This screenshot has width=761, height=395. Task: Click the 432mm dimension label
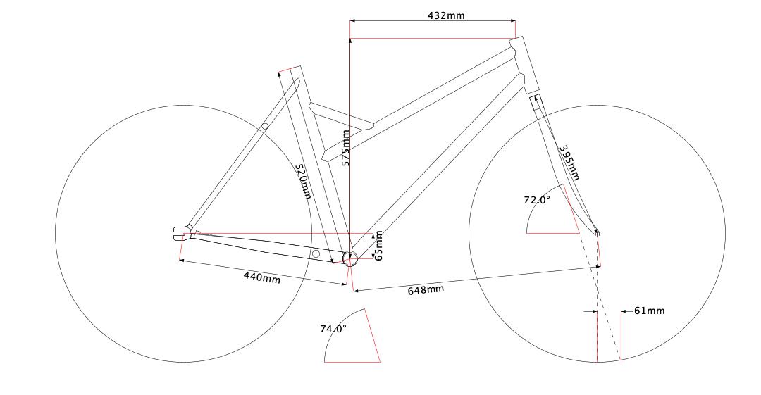pos(446,15)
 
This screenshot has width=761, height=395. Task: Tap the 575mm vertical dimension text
pos(345,148)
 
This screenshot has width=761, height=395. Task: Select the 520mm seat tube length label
pos(302,182)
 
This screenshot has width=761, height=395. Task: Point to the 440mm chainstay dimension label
pos(261,277)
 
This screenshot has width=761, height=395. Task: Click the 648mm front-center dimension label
pos(426,289)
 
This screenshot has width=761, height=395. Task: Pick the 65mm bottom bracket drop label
pos(378,245)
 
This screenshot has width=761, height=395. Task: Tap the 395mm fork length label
pos(569,163)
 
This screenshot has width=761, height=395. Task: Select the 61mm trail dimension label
pos(649,311)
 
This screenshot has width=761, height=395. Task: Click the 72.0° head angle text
pos(537,200)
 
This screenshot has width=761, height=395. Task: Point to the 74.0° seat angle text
pos(333,328)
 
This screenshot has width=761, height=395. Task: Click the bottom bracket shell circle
pos(350,258)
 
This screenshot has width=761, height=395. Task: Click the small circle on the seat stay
pos(265,127)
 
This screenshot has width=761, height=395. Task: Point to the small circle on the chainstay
pos(316,253)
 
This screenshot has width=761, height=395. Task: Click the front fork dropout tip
pos(597,232)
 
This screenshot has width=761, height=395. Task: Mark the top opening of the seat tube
pos(290,69)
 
